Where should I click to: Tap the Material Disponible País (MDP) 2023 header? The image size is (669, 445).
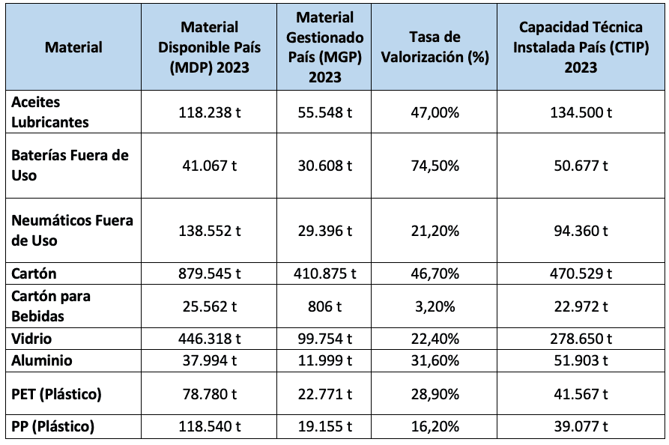tap(209, 46)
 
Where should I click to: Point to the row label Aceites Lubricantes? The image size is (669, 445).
tap(50, 111)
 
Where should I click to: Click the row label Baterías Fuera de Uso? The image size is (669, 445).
tap(70, 165)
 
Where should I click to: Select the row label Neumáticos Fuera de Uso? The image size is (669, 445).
tap(72, 230)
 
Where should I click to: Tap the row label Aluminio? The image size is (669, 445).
tap(42, 360)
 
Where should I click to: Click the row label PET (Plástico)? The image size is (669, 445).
tap(56, 393)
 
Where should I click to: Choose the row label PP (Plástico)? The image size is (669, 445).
tap(52, 427)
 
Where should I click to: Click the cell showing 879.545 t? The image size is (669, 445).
tap(209, 273)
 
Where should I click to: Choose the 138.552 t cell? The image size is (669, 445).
tap(209, 231)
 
